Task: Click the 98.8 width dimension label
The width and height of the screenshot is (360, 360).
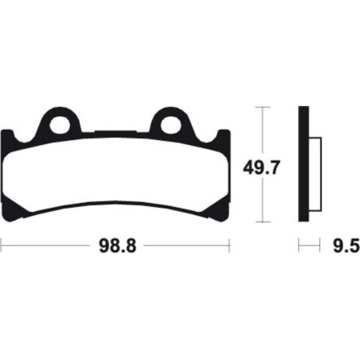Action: click(x=118, y=246)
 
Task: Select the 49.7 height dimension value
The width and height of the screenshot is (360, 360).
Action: click(x=262, y=167)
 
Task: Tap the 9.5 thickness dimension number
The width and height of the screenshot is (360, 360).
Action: click(x=346, y=246)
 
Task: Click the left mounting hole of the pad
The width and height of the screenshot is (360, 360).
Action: click(x=60, y=124)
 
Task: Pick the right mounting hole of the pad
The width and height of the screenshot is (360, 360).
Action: click(x=170, y=124)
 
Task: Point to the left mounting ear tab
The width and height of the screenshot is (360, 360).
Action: click(x=60, y=120)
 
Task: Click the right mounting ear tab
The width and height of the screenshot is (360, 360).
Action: click(x=170, y=120)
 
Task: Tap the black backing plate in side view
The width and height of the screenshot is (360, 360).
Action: click(x=303, y=164)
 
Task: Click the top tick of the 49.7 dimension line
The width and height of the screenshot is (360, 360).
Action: click(x=262, y=107)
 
